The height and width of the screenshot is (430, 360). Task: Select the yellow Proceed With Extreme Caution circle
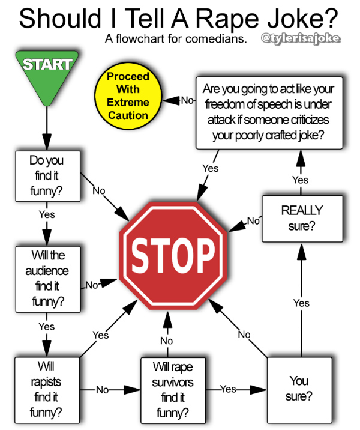pyautogui.click(x=127, y=95)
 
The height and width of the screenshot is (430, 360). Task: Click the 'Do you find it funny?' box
pyautogui.click(x=46, y=177)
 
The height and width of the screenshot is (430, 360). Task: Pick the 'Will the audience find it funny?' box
pyautogui.click(x=46, y=278)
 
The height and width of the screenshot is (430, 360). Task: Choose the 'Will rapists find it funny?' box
pyautogui.click(x=46, y=389)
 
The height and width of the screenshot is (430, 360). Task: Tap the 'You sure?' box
pyautogui.click(x=299, y=389)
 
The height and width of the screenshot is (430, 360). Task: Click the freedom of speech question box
pyautogui.click(x=269, y=112)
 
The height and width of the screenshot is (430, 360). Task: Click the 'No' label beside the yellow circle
pyautogui.click(x=187, y=100)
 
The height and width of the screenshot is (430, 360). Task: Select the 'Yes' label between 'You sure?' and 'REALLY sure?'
pyautogui.click(x=301, y=303)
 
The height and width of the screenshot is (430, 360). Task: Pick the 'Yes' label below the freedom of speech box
pyautogui.click(x=210, y=169)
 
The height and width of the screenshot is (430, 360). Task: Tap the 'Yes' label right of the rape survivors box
pyautogui.click(x=228, y=389)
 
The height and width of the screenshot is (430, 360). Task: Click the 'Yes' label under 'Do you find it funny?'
pyautogui.click(x=46, y=214)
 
